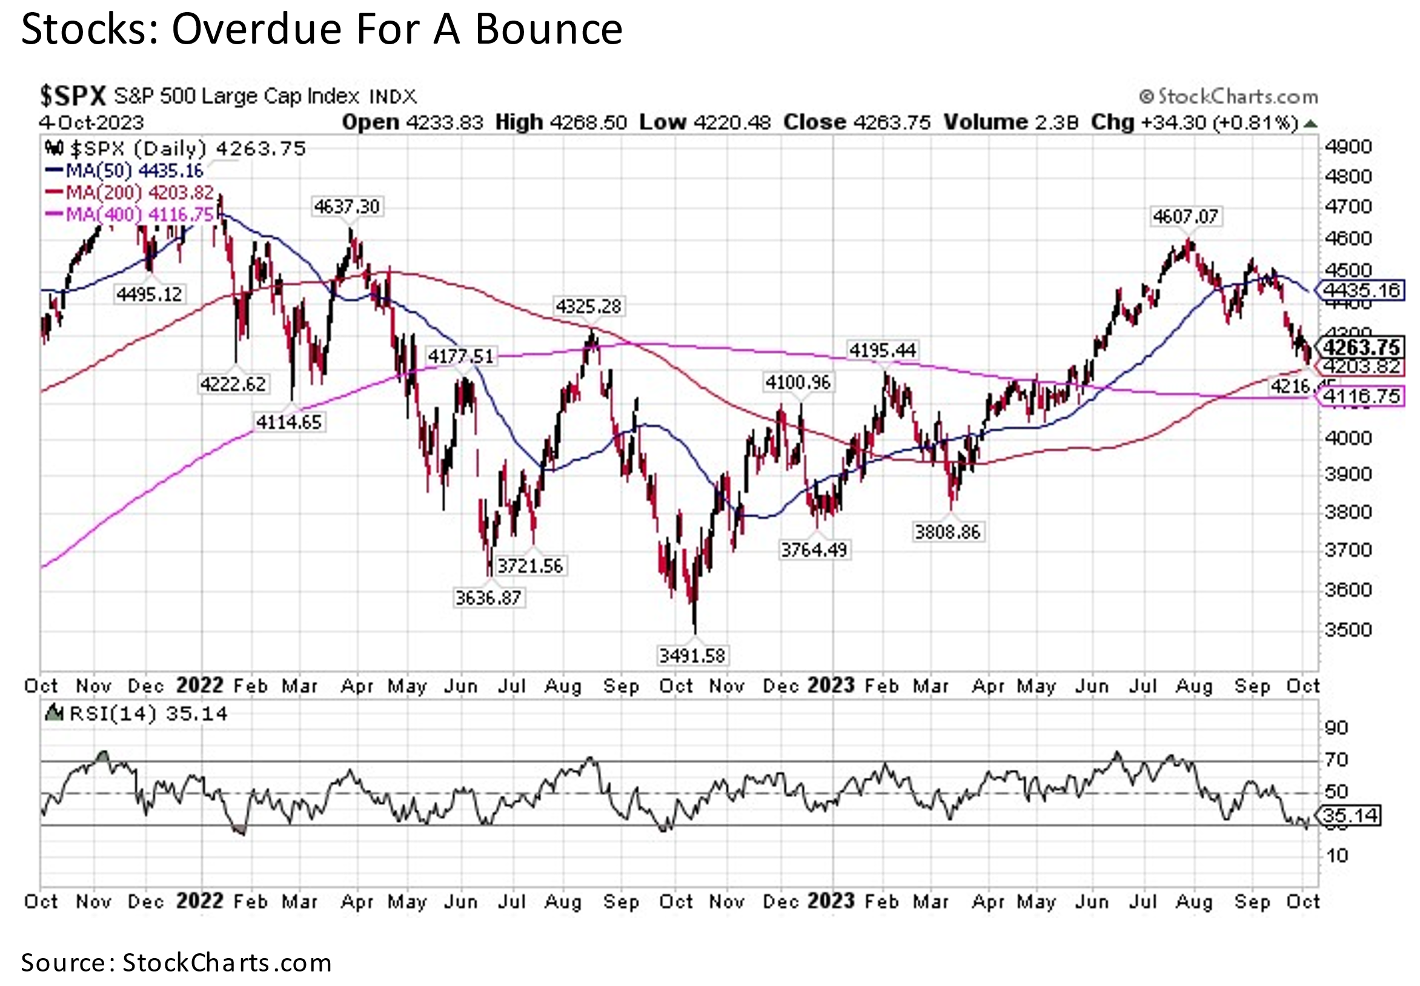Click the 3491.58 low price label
691,655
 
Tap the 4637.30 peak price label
347,207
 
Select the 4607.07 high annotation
1185,217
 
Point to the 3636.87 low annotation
488,597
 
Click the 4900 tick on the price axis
1347,147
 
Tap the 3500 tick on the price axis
1347,629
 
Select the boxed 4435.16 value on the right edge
1361,290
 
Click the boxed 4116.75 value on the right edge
1361,396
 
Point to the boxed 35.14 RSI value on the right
1349,815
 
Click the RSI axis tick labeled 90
1336,728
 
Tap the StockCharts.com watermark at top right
1230,97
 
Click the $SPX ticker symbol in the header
73,96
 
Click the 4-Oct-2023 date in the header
91,122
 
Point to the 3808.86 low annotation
947,532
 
